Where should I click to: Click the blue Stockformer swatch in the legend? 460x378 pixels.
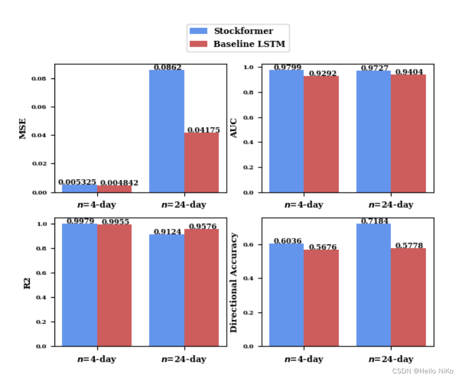pos(198,31)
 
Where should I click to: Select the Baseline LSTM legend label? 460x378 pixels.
pos(249,44)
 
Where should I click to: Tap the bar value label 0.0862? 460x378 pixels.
pos(167,67)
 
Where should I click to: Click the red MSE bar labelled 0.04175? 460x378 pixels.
pos(202,162)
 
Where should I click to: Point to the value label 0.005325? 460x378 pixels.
pos(77,182)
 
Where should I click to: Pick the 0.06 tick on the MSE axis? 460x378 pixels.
pos(39,107)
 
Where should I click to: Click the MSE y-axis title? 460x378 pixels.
pos(23,129)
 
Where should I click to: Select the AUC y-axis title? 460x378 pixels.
pos(234,128)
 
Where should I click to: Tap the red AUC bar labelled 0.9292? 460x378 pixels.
pos(321,134)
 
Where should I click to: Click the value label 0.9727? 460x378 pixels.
pos(375,68)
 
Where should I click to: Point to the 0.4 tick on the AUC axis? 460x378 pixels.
pos(248,143)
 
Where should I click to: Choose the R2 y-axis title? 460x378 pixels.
pos(27,283)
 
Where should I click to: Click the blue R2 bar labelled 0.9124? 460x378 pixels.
pos(167,290)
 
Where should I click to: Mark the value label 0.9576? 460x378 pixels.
pos(203,226)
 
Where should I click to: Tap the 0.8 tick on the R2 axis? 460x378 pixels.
pos(41,249)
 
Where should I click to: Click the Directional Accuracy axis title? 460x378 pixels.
pos(234,283)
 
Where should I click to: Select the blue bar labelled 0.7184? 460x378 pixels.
pos(374,285)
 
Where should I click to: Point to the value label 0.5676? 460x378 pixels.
pos(323,247)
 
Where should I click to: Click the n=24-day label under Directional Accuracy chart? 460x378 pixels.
pos(391,359)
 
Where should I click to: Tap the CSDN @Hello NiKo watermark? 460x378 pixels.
pos(423,371)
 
